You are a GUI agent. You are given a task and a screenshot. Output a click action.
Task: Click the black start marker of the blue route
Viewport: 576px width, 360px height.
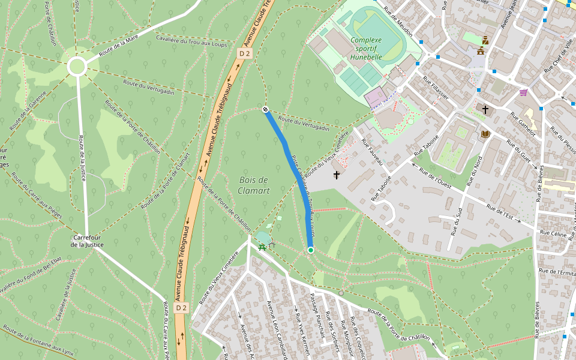pyautogui.click(x=265, y=109)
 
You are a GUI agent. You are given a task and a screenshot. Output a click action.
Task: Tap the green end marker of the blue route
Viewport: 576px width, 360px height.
pyautogui.click(x=310, y=250)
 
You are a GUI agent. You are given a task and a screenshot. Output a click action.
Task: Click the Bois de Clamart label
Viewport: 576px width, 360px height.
pyautogui.click(x=254, y=185)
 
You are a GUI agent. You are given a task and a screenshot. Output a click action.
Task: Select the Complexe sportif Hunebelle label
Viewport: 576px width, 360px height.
pyautogui.click(x=366, y=49)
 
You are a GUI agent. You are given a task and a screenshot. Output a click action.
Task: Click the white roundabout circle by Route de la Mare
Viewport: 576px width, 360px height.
pyautogui.click(x=77, y=66)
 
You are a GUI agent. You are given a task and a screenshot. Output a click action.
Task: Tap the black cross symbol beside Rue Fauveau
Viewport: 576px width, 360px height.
pyautogui.click(x=337, y=175)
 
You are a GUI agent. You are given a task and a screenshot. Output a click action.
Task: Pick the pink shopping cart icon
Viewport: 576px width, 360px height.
pyautogui.click(x=523, y=92)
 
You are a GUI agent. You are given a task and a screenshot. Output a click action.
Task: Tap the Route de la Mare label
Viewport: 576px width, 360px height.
pyautogui.click(x=119, y=46)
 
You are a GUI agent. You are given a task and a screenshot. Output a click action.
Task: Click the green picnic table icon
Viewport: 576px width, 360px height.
pyautogui.click(x=262, y=246)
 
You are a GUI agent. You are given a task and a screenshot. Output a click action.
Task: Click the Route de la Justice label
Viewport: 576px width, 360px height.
pyautogui.click(x=82, y=158)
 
